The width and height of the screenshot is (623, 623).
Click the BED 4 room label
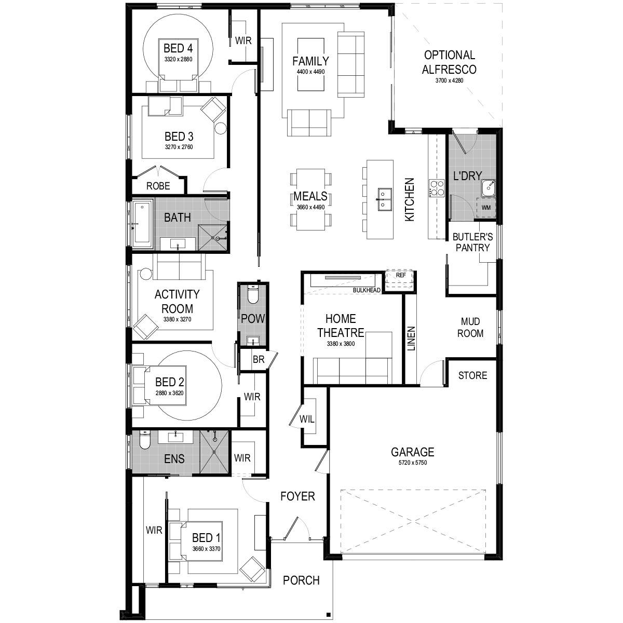point(178,49)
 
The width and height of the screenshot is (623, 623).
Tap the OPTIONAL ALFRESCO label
point(449,62)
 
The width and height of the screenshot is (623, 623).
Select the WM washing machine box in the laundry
point(486,208)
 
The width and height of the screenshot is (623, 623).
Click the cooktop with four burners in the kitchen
point(436,187)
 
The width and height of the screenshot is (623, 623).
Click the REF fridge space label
point(401,276)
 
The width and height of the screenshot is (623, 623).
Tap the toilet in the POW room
point(253,294)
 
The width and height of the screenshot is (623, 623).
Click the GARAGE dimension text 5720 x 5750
point(413,463)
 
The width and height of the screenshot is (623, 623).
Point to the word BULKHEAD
point(367,290)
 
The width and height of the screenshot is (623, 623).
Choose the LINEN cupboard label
point(411,338)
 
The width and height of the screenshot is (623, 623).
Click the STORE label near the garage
point(472,375)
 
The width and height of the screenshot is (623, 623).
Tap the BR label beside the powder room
point(258,359)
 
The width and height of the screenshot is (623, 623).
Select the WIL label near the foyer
point(307,418)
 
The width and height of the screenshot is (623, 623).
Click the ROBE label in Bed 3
point(158,186)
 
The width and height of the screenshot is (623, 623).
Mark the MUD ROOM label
point(470,327)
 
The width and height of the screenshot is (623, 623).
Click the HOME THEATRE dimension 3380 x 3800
point(341,344)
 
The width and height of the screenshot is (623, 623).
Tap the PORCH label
point(301,580)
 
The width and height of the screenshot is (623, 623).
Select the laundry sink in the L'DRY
point(488,187)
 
